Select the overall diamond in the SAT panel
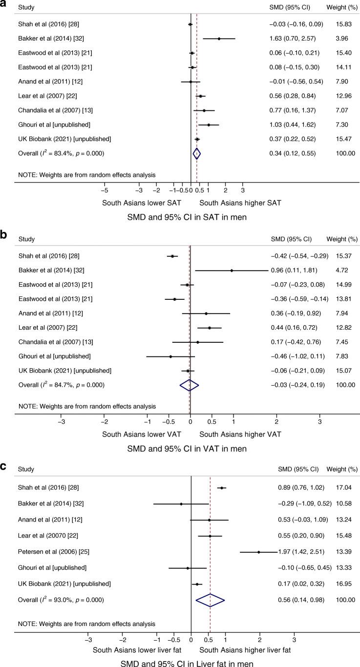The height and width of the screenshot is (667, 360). [x=196, y=153]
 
